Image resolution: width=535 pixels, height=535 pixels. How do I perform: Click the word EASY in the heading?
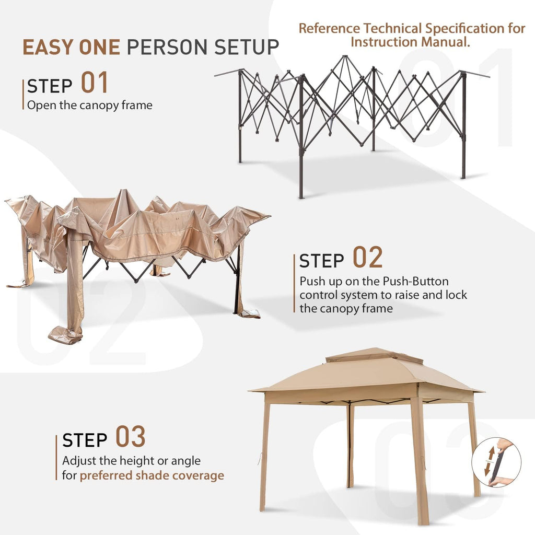point(48,47)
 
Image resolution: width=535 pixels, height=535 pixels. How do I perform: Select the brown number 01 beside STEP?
point(95,82)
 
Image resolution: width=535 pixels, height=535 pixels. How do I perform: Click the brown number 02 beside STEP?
point(367,257)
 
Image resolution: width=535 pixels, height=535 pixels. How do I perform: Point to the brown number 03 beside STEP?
point(130,436)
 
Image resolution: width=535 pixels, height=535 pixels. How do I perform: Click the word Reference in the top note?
point(329,28)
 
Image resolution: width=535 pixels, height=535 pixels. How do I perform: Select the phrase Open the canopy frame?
point(90,105)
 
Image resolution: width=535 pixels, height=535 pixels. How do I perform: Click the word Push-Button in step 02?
point(415,281)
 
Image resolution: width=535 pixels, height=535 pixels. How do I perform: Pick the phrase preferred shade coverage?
point(152,475)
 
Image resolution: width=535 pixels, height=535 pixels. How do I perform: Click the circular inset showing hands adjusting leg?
point(496,462)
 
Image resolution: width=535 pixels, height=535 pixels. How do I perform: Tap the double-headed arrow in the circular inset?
point(490,461)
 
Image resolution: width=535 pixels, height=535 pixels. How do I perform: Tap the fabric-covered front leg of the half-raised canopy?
point(74,287)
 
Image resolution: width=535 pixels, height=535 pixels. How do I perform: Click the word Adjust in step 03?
point(75,461)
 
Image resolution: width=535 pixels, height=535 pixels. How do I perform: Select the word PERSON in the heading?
point(167,47)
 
